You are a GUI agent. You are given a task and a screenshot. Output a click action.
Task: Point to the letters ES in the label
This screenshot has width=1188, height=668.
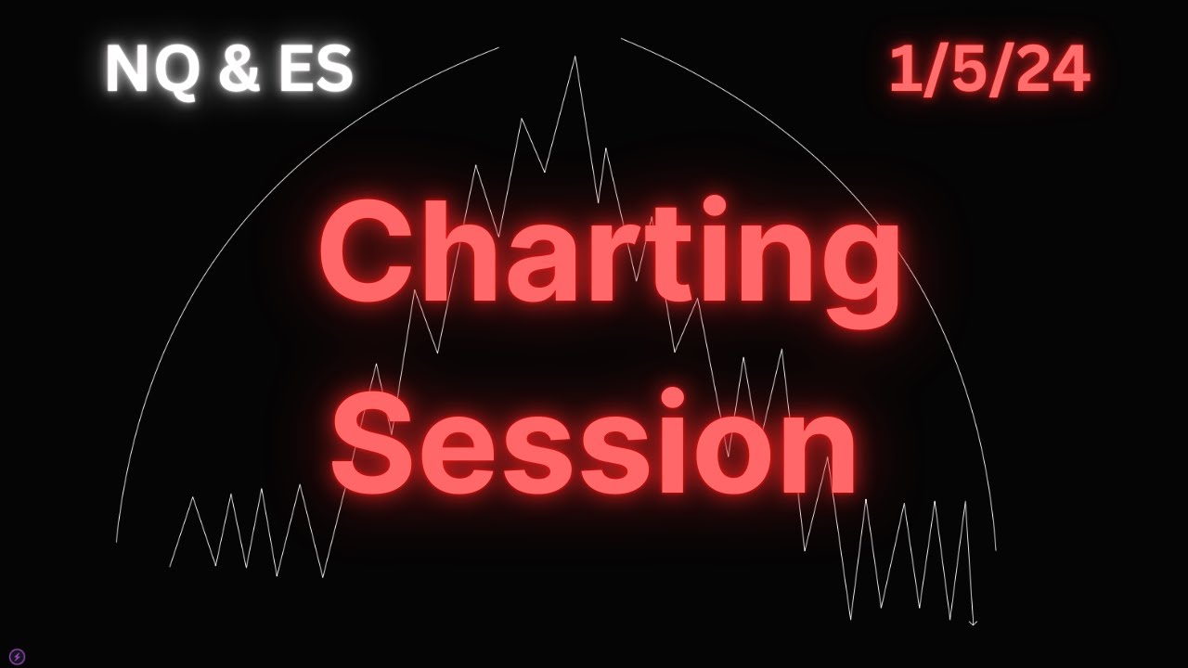tap(316, 71)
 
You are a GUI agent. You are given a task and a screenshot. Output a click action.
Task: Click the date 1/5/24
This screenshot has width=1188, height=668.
tap(988, 71)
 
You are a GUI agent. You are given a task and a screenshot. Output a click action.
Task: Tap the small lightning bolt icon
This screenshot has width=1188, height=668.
tap(17, 657)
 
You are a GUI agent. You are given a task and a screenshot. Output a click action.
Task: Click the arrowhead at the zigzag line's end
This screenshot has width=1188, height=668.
tap(973, 623)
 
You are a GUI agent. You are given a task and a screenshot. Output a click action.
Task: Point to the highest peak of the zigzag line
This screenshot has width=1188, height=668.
tap(575, 58)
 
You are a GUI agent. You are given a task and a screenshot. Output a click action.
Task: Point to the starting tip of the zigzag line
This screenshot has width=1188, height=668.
tap(170, 566)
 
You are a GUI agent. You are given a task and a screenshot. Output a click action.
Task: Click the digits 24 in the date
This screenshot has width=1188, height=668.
tap(1053, 71)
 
